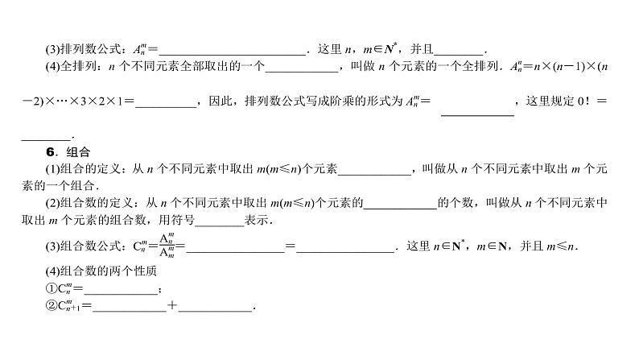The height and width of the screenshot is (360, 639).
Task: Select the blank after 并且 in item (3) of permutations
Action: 459,51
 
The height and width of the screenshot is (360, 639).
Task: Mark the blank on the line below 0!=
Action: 47,134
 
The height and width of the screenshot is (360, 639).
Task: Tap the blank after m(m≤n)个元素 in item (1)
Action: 375,170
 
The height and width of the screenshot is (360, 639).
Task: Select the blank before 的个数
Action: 399,205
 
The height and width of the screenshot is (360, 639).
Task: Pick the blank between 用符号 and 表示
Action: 219,222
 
